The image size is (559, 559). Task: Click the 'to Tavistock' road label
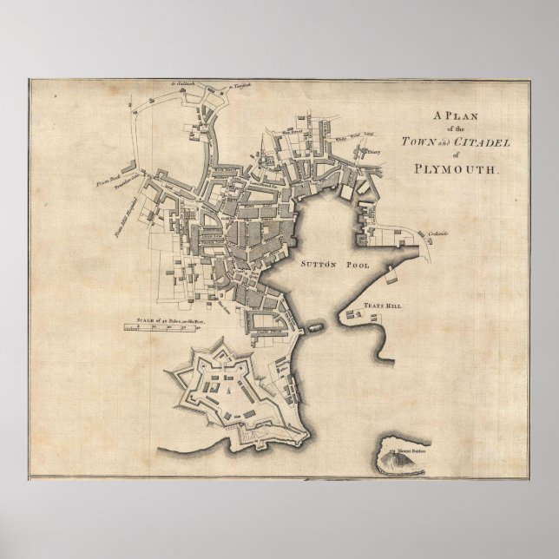pos(239,87)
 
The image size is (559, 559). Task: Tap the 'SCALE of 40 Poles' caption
pos(173,320)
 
